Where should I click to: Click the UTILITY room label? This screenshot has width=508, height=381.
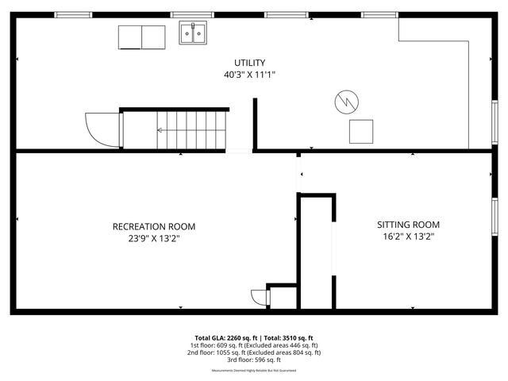click(x=249, y=63)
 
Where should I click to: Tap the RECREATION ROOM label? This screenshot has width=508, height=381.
click(x=154, y=226)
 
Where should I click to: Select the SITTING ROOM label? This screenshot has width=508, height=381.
click(x=408, y=225)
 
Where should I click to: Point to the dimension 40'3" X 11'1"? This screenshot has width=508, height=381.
click(x=249, y=75)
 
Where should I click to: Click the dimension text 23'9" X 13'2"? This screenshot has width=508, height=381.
click(x=154, y=237)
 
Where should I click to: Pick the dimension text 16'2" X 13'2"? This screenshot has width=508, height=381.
click(x=408, y=236)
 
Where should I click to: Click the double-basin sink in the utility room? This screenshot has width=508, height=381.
click(x=193, y=33)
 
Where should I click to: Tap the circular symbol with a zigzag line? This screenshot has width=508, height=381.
click(x=347, y=101)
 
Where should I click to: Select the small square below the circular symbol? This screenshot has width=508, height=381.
click(x=361, y=130)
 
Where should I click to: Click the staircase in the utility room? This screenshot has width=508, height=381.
click(x=190, y=130)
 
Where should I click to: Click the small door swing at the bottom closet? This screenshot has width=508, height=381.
click(x=260, y=298)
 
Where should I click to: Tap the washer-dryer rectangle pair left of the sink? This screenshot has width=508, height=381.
click(x=142, y=37)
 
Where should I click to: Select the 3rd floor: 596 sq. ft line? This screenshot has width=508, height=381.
click(x=254, y=359)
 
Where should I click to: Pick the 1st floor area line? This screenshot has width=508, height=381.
click(x=254, y=345)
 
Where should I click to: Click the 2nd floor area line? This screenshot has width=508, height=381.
click(x=254, y=352)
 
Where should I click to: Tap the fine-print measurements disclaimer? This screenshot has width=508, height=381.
click(x=254, y=371)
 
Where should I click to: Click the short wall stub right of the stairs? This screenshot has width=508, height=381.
click(x=255, y=124)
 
